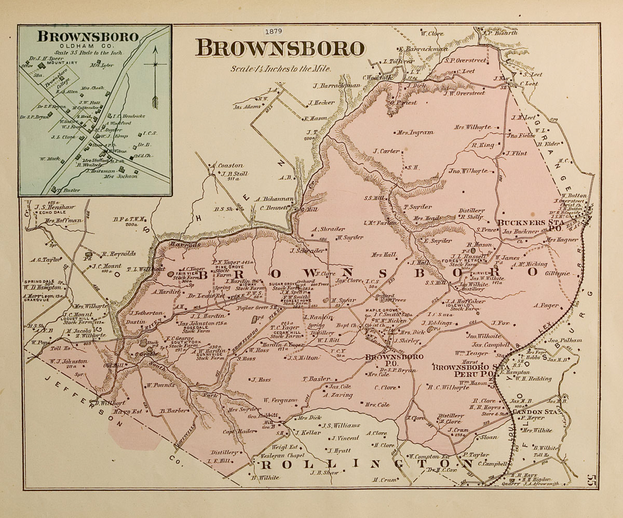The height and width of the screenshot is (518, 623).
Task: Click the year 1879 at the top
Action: pyautogui.click(x=273, y=31)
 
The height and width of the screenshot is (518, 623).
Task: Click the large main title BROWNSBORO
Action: pyautogui.click(x=280, y=48)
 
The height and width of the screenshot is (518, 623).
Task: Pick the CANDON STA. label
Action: pyautogui.click(x=536, y=410)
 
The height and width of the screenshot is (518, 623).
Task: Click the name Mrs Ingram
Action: pyautogui.click(x=414, y=132)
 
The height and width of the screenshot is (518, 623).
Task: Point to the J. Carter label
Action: pyautogui.click(x=386, y=151)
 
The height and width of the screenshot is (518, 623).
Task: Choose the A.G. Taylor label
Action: pyautogui.click(x=46, y=259)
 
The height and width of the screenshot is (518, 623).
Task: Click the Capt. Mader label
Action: pyautogui.click(x=239, y=430)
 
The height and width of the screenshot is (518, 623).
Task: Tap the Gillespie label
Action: pyautogui.click(x=558, y=273)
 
